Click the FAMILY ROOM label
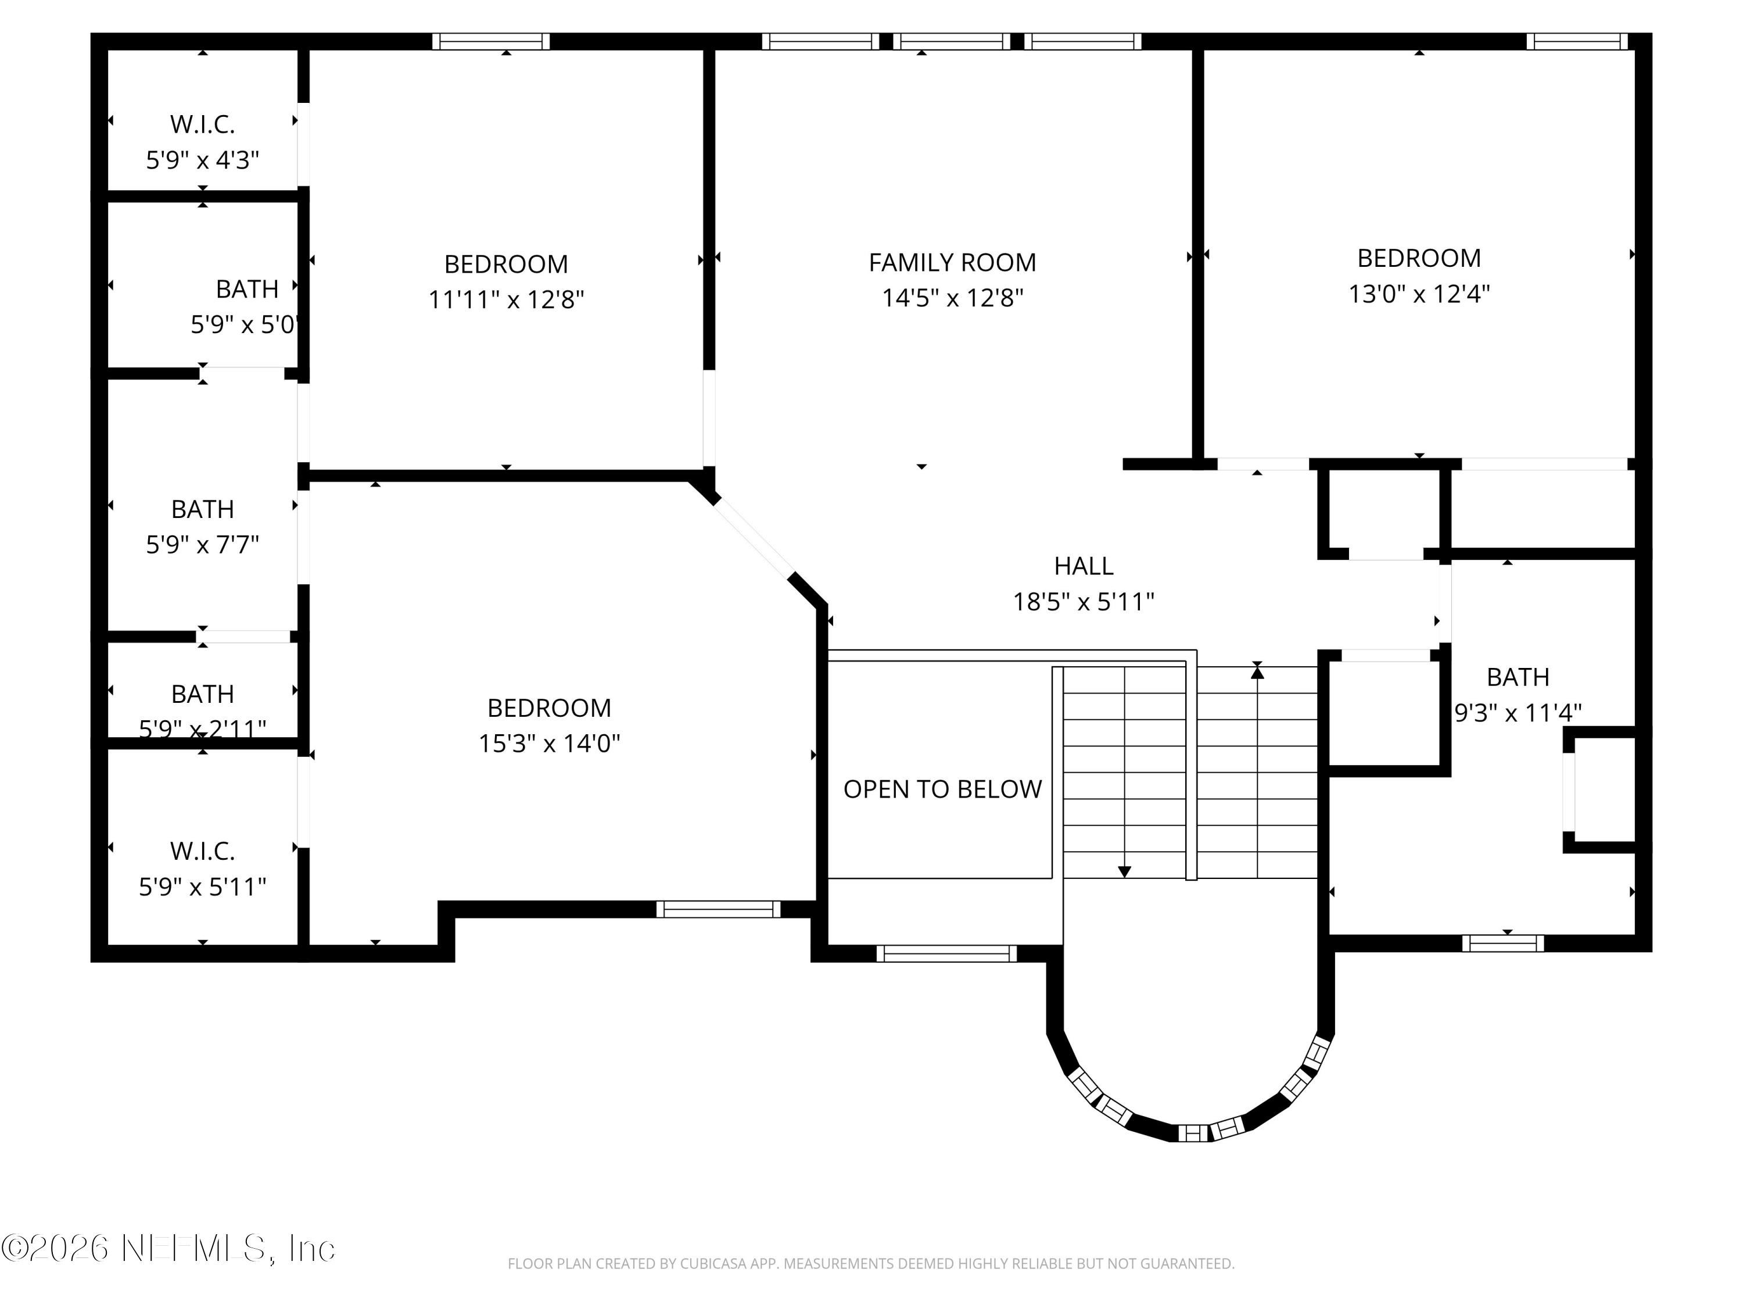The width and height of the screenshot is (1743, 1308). pyautogui.click(x=952, y=263)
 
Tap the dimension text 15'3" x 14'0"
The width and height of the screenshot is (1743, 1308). pyautogui.click(x=549, y=744)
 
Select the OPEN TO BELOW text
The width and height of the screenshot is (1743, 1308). pyautogui.click(x=942, y=789)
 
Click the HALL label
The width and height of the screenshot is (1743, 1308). pyautogui.click(x=1084, y=566)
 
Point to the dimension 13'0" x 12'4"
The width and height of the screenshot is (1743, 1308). pyautogui.click(x=1418, y=294)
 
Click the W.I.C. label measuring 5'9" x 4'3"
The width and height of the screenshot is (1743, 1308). pyautogui.click(x=203, y=124)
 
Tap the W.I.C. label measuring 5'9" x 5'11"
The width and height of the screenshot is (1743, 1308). pyautogui.click(x=203, y=852)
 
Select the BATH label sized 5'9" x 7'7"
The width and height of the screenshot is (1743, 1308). pyautogui.click(x=203, y=509)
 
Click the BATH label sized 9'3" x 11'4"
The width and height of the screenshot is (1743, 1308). pyautogui.click(x=1518, y=677)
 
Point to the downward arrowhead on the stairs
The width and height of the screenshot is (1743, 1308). pyautogui.click(x=1124, y=872)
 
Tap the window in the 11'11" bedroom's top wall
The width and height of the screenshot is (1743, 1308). pyautogui.click(x=491, y=42)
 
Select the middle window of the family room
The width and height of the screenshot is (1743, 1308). pyautogui.click(x=951, y=42)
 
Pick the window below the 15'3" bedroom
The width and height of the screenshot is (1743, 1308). pyautogui.click(x=718, y=909)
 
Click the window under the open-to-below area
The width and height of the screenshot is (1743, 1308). pyautogui.click(x=946, y=954)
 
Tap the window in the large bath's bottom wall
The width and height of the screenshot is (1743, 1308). pyautogui.click(x=1502, y=943)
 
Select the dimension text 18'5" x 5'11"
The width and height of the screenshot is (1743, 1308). pyautogui.click(x=1084, y=602)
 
